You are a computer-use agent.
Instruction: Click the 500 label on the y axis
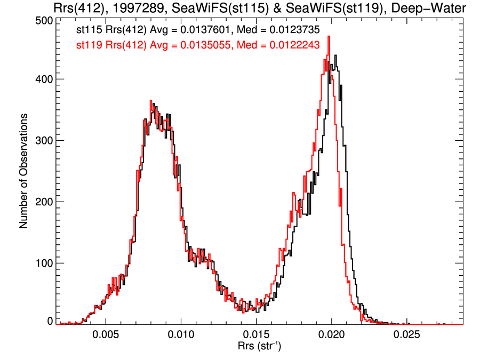tap(43, 20)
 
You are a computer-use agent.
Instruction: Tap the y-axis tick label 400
tap(43, 79)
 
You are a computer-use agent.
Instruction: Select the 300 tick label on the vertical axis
tap(43, 140)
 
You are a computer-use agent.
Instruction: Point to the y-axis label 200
tap(43, 202)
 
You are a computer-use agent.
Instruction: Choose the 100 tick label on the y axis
tap(43, 263)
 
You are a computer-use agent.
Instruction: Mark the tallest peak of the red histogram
tap(329, 37)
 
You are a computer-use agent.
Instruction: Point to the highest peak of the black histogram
tap(335, 55)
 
